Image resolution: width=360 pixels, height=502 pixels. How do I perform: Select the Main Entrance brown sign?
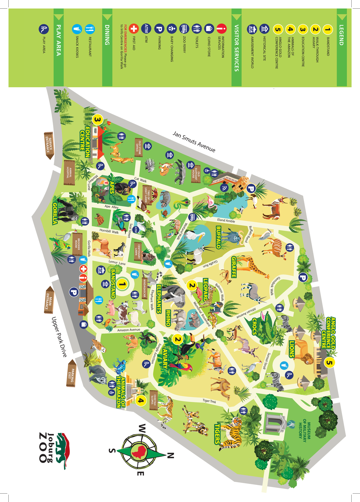coord(49,300)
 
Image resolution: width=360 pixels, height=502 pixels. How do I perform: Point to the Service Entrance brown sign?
coord(49,145)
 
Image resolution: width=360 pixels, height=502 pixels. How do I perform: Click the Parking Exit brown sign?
coord(71,374)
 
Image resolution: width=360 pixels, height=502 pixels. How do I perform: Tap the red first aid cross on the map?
coord(83,269)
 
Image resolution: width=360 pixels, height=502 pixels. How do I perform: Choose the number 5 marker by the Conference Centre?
coord(329,363)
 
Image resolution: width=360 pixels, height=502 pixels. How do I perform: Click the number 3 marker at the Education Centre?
coord(97,120)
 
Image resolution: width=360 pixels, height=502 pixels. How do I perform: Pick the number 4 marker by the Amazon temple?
coord(141,400)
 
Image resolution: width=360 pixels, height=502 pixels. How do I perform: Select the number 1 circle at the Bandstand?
coord(122,284)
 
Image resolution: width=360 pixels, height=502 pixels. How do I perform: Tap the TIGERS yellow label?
coord(217,433)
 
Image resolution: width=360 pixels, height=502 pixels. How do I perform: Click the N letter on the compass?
coord(170,456)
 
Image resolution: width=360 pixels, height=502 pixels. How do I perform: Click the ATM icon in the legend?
coord(146,29)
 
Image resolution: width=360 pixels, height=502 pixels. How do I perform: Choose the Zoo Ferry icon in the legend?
coord(184,29)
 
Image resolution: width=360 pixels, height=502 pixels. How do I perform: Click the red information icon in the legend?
coord(221,29)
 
